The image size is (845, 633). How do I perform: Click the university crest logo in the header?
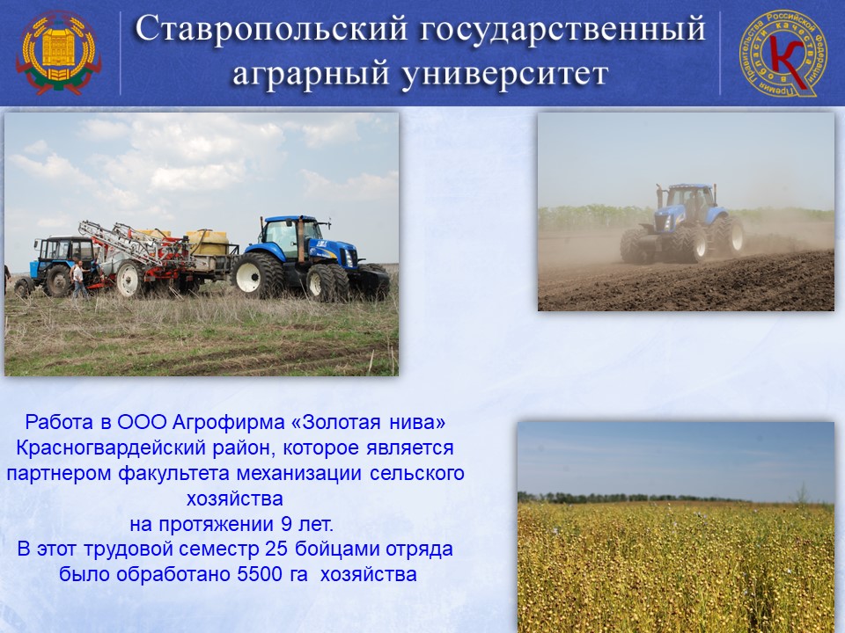tap(58, 53)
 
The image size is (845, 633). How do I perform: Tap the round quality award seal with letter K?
tap(783, 53)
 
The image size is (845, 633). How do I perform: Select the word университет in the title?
tap(505, 74)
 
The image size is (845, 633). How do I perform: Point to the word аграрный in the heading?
tap(312, 75)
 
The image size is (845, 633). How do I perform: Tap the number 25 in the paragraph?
tap(277, 549)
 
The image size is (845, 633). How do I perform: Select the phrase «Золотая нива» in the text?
tap(368, 422)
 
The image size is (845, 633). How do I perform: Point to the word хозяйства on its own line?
tap(234, 498)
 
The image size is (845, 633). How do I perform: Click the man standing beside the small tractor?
tap(78, 279)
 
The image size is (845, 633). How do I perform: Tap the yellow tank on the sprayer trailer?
tap(208, 243)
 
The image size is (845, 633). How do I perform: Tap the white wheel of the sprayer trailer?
tap(129, 279)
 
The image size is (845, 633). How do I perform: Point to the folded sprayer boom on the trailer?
tap(132, 243)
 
